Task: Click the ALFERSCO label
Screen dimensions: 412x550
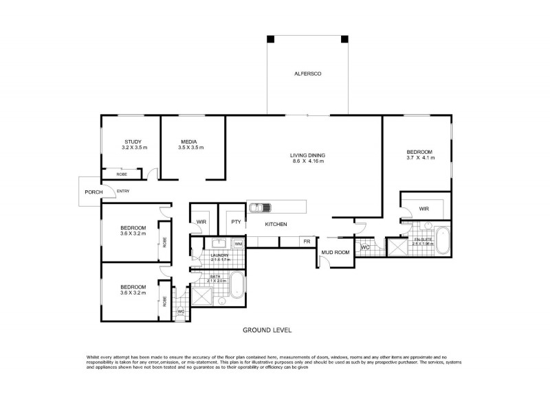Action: pos(307,73)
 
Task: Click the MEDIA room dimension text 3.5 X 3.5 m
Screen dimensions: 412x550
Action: pos(191,148)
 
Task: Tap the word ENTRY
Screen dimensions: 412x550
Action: pos(123,191)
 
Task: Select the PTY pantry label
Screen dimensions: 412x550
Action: pos(235,222)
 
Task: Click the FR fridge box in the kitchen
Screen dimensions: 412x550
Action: pos(307,241)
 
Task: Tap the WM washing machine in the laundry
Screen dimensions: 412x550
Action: pos(238,244)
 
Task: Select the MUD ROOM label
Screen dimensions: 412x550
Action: pos(335,253)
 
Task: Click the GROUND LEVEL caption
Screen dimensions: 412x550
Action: pos(267,330)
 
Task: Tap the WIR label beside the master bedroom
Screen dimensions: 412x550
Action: pos(423,208)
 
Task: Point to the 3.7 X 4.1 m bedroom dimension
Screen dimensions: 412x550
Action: pos(419,159)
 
